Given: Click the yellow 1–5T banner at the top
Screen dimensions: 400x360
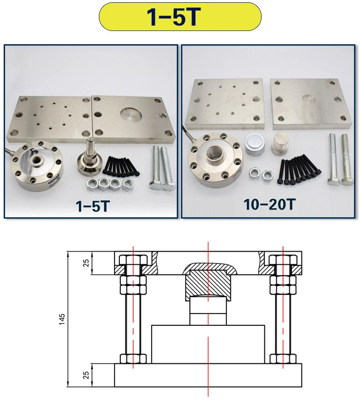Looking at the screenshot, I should (180, 16).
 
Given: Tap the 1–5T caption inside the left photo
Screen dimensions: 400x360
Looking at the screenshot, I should (93, 205).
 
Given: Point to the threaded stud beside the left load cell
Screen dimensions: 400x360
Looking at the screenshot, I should (90, 157).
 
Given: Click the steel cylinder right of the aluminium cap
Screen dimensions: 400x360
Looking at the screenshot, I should (280, 145).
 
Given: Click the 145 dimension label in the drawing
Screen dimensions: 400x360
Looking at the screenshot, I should (62, 319).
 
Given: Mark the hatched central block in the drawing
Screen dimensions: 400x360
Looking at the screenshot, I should (207, 284).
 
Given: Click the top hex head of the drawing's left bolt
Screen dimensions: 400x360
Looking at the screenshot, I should (133, 261).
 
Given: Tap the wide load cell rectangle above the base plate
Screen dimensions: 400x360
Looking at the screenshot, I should (208, 344).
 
